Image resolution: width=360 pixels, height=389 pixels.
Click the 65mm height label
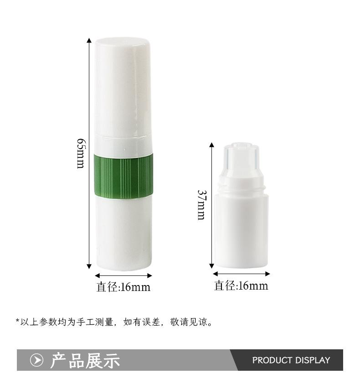point(81,153)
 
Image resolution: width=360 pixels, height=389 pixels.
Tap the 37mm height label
point(201,205)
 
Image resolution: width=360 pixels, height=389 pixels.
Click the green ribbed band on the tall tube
point(123,176)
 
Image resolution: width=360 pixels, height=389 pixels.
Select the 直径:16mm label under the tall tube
point(123,287)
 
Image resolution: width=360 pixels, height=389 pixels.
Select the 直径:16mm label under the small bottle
point(241,285)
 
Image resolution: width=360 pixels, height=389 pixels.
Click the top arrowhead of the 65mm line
point(89,41)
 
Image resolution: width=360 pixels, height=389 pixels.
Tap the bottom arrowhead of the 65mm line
point(89,266)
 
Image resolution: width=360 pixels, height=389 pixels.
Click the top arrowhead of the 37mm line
point(211,145)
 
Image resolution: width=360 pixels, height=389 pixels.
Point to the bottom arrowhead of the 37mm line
point(211,266)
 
